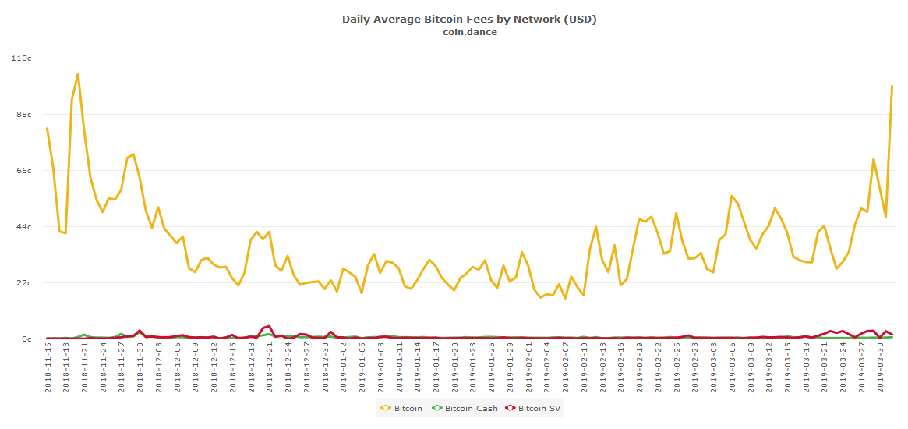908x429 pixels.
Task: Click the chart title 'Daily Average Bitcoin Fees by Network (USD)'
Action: (x=469, y=19)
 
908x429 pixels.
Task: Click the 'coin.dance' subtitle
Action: (x=469, y=32)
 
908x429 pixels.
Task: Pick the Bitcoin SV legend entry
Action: (x=533, y=408)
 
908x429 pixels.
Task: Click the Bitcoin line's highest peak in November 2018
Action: (x=78, y=74)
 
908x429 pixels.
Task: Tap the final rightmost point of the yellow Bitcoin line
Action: (x=892, y=86)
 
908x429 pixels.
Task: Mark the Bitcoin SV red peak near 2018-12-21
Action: (x=269, y=326)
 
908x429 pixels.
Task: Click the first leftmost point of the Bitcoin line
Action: (x=48, y=128)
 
